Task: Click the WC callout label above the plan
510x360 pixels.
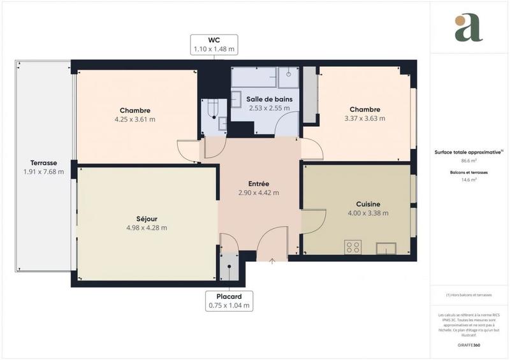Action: pyautogui.click(x=214, y=40)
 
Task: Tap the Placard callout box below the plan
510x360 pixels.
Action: pyautogui.click(x=229, y=296)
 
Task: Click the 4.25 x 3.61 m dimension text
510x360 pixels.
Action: pyautogui.click(x=135, y=119)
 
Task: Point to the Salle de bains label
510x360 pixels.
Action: pyautogui.click(x=268, y=99)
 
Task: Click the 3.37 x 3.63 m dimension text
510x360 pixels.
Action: pyautogui.click(x=365, y=118)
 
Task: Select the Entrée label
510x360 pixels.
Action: pyautogui.click(x=259, y=184)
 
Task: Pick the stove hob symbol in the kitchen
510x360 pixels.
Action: pyautogui.click(x=353, y=247)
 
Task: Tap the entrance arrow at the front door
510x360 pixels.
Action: pyautogui.click(x=273, y=261)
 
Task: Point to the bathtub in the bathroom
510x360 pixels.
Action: pyautogui.click(x=254, y=78)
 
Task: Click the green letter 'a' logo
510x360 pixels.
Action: pyautogui.click(x=469, y=28)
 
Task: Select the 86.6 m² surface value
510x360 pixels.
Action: pyautogui.click(x=469, y=162)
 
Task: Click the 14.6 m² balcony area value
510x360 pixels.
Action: pyautogui.click(x=469, y=180)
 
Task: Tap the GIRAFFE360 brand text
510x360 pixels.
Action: pyautogui.click(x=469, y=345)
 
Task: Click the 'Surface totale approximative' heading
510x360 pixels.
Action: pyautogui.click(x=469, y=152)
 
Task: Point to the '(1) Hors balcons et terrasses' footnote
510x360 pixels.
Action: pyautogui.click(x=469, y=295)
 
